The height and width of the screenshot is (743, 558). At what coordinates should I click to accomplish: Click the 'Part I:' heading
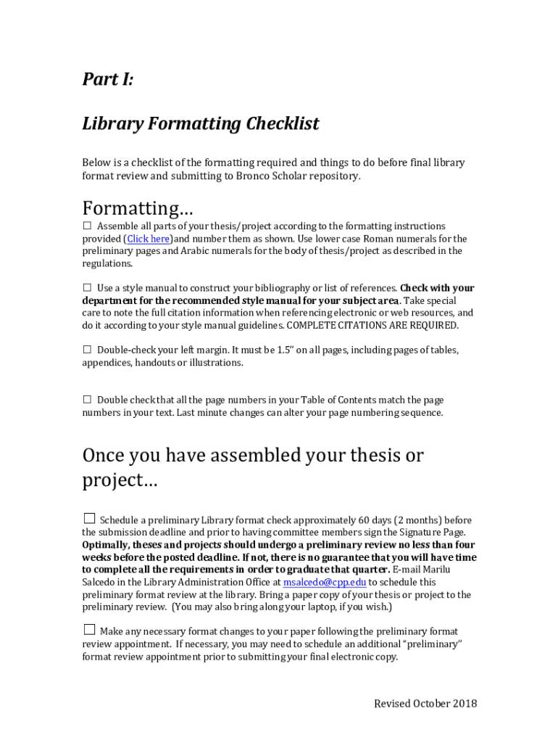pyautogui.click(x=108, y=80)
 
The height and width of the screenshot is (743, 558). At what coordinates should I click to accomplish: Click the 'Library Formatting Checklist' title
pyautogui.click(x=201, y=124)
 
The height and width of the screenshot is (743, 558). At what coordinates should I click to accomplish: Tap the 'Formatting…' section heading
pyautogui.click(x=138, y=208)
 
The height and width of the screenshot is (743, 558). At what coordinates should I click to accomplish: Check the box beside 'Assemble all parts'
pyautogui.click(x=87, y=226)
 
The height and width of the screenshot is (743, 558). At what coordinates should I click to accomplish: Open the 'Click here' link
pyautogui.click(x=149, y=239)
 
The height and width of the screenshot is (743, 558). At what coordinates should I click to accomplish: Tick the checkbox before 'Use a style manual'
pyautogui.click(x=87, y=288)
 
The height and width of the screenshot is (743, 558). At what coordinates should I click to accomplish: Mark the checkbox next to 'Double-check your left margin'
pyautogui.click(x=87, y=350)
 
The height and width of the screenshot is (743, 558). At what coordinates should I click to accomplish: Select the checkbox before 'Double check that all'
pyautogui.click(x=87, y=400)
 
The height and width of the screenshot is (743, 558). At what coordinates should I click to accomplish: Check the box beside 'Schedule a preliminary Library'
pyautogui.click(x=89, y=519)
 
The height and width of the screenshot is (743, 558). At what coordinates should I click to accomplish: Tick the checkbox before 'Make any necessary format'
pyautogui.click(x=89, y=630)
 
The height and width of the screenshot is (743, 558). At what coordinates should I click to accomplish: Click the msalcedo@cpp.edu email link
pyautogui.click(x=324, y=582)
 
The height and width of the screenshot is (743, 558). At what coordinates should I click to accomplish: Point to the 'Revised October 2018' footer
pyautogui.click(x=425, y=704)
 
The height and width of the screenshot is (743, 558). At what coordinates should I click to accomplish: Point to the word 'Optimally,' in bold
pyautogui.click(x=107, y=545)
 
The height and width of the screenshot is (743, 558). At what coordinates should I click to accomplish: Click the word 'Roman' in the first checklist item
pyautogui.click(x=379, y=239)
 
